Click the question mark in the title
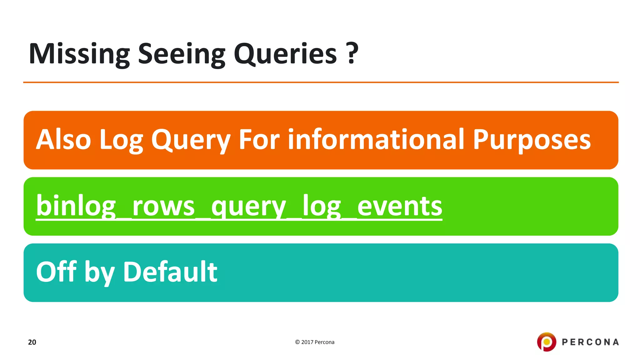coord(352,53)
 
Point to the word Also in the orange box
coord(63,140)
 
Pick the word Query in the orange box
coord(191,140)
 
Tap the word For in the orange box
coord(259,140)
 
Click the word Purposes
coord(532,140)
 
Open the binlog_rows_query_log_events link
coord(239,206)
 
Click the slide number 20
coord(32,342)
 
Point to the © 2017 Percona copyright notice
coord(315,342)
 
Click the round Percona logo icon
coord(547,342)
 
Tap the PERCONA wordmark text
coord(590,342)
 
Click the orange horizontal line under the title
coord(321,82)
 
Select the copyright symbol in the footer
coord(297,342)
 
